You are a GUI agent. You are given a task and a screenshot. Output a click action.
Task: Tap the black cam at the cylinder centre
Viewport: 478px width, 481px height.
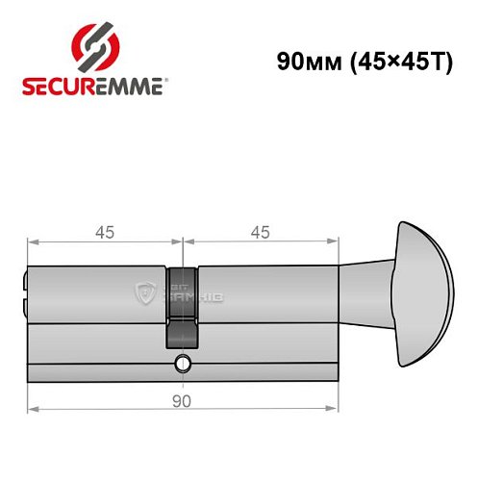182,308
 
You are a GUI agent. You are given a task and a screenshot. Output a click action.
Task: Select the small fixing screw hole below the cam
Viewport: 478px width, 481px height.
182,364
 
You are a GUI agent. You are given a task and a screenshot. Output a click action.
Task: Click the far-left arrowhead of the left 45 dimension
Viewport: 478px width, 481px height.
31,241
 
